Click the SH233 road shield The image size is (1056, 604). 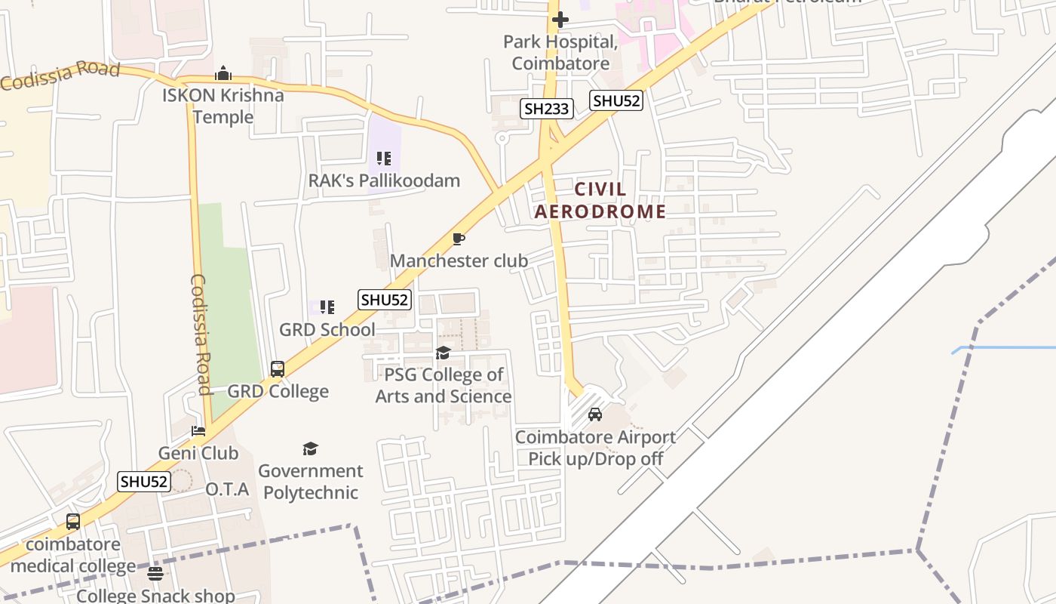[547, 109]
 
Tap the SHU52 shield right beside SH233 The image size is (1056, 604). [616, 100]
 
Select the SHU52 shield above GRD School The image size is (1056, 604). [385, 300]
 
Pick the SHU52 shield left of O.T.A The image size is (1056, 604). [145, 482]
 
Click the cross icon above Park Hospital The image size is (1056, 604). [560, 19]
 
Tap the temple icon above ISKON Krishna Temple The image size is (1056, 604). [223, 74]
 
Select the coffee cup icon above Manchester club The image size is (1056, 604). [458, 239]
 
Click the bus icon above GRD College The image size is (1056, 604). [278, 369]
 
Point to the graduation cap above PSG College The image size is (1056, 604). [443, 353]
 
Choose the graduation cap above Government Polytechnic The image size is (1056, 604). [310, 449]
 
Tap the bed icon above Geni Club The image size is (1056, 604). [198, 431]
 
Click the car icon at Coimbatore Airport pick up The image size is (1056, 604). [595, 414]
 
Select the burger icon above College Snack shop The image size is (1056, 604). [155, 574]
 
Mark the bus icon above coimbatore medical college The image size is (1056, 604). [73, 522]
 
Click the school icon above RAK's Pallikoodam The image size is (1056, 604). [384, 159]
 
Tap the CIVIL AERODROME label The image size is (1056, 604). [600, 200]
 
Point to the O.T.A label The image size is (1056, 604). [227, 489]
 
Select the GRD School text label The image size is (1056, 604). [327, 329]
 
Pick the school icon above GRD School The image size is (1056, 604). [327, 307]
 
